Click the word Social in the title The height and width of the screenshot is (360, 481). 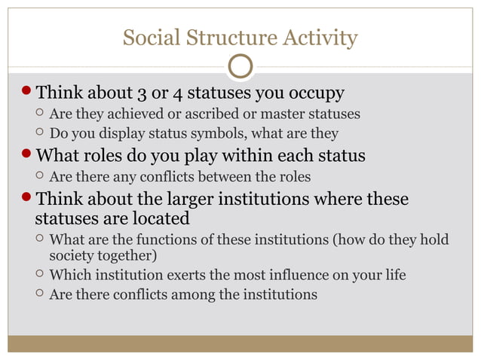coord(148,37)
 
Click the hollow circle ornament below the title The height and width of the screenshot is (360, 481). coord(240,66)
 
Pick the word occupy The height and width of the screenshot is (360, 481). coord(316,93)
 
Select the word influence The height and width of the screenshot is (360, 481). coord(288,274)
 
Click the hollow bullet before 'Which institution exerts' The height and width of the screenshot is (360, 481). coord(40,275)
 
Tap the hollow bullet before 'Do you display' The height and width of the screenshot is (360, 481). coord(40,134)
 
